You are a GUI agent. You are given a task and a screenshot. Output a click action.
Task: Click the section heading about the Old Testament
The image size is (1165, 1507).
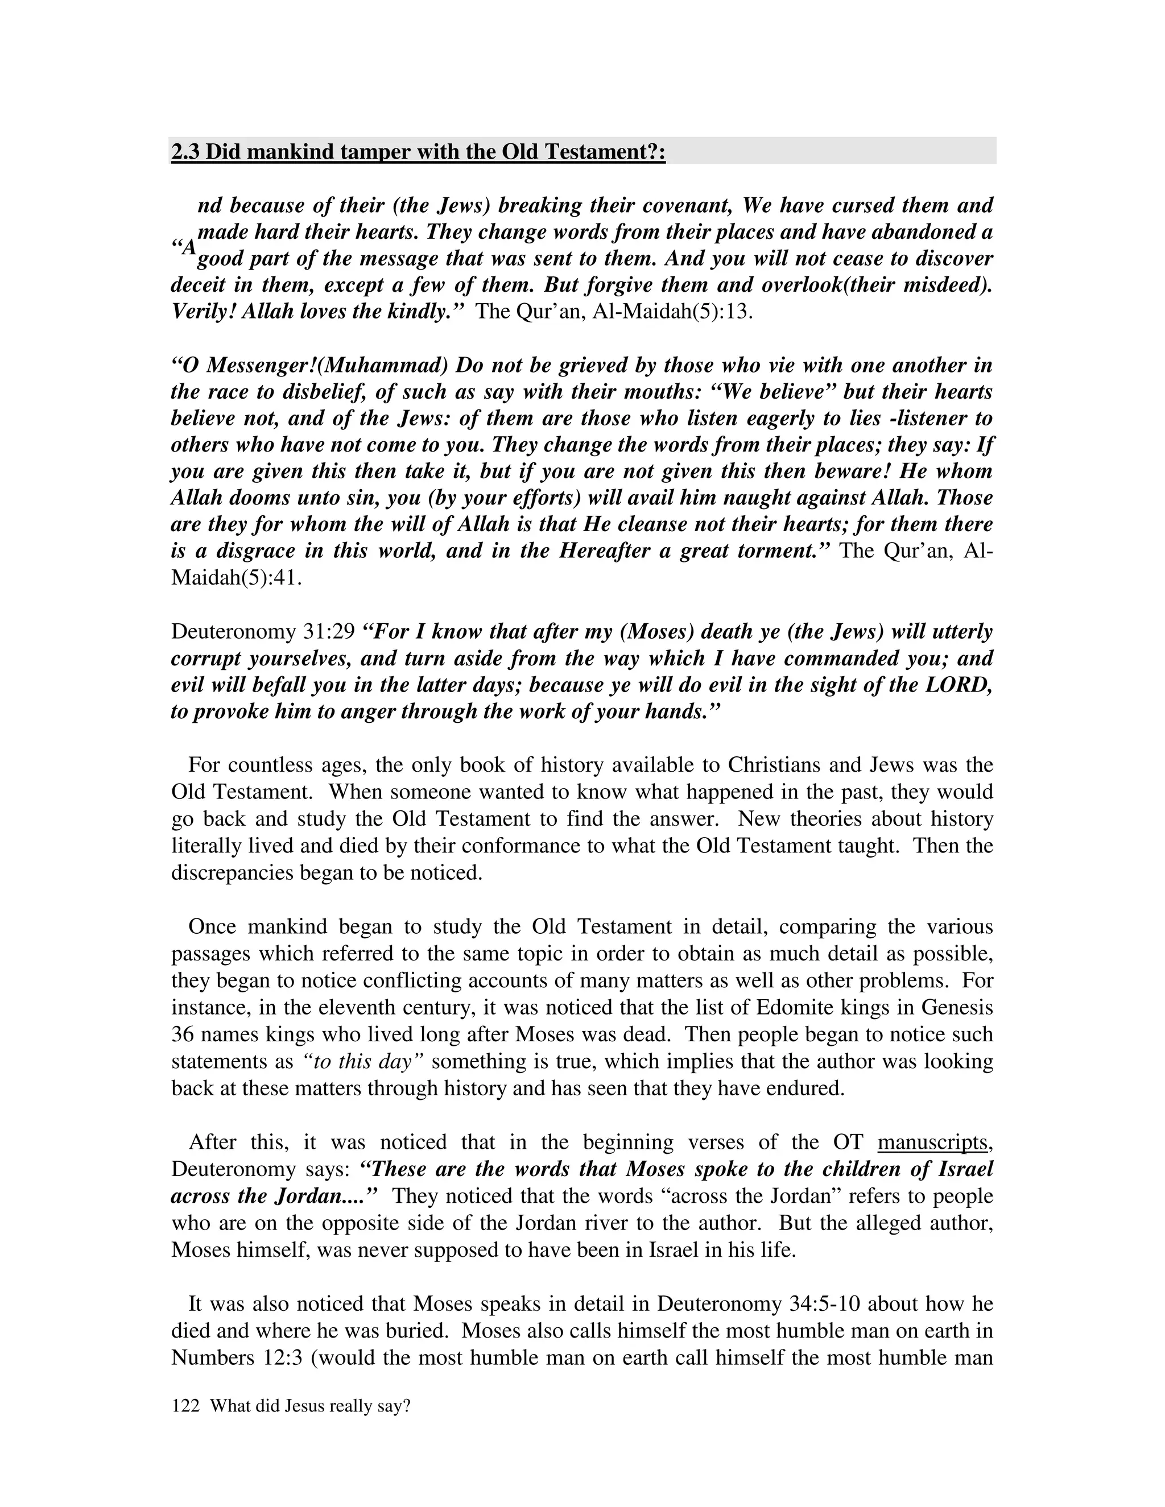(418, 151)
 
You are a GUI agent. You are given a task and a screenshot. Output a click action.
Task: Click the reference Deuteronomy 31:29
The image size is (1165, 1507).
(262, 631)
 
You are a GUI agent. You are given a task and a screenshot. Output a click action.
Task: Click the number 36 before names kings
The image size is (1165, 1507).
(183, 1034)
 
